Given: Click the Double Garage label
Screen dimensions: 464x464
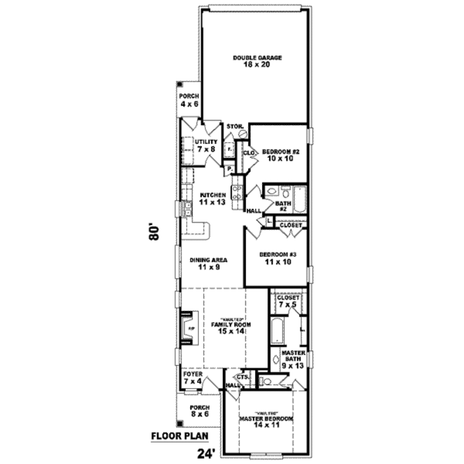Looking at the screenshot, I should tap(257, 58).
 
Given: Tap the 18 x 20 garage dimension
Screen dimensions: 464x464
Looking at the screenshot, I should tap(257, 65).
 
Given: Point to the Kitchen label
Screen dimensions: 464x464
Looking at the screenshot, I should tap(213, 195).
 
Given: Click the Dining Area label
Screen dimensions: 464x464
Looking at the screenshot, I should tap(208, 260).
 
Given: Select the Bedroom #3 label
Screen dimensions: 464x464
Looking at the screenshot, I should tap(277, 255).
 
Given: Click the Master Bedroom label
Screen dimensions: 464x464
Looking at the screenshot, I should tap(266, 419).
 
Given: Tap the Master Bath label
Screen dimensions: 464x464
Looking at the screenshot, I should tap(292, 356).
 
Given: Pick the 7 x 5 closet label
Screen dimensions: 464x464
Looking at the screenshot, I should tap(288, 304).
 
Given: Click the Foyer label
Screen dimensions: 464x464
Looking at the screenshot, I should tap(193, 375).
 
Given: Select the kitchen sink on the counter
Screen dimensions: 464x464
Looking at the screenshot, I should tap(187, 209).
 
